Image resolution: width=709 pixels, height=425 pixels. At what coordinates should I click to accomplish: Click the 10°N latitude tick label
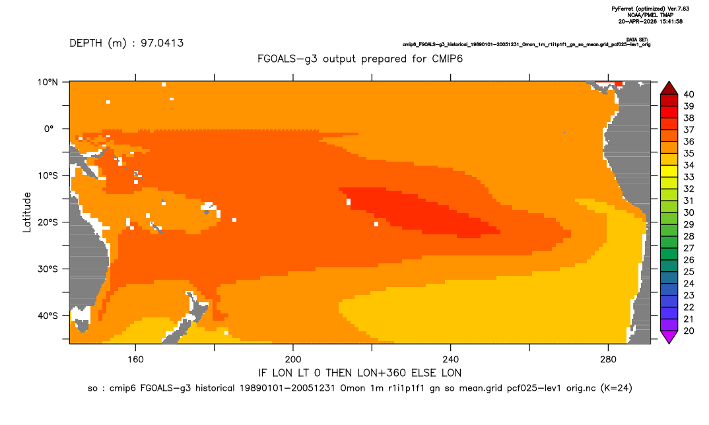48,82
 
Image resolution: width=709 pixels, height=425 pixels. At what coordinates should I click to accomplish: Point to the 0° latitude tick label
49,129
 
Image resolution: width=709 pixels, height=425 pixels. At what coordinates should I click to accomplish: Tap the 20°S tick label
48,222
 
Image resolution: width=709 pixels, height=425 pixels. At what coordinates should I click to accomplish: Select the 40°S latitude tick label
48,315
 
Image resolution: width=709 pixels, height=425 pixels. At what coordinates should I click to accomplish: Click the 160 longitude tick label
135,360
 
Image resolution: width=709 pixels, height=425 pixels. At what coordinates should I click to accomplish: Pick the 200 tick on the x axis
293,360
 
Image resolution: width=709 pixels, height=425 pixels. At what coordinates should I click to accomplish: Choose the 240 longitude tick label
450,360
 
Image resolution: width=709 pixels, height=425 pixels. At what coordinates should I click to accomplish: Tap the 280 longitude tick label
608,360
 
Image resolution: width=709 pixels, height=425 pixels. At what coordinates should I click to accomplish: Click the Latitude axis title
27,212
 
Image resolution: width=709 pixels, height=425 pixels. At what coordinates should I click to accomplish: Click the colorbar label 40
689,94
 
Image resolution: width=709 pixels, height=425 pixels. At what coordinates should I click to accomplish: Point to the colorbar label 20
689,331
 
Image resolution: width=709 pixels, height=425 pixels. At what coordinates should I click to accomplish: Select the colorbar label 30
689,212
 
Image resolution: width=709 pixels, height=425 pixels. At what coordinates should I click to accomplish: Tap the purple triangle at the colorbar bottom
669,337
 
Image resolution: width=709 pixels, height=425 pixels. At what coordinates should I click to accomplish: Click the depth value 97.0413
162,43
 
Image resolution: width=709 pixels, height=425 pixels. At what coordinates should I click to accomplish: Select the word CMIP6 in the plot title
447,59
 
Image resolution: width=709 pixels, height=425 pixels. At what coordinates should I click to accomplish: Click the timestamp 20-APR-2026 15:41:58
650,21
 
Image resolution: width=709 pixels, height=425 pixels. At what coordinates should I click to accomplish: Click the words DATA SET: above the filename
638,40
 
